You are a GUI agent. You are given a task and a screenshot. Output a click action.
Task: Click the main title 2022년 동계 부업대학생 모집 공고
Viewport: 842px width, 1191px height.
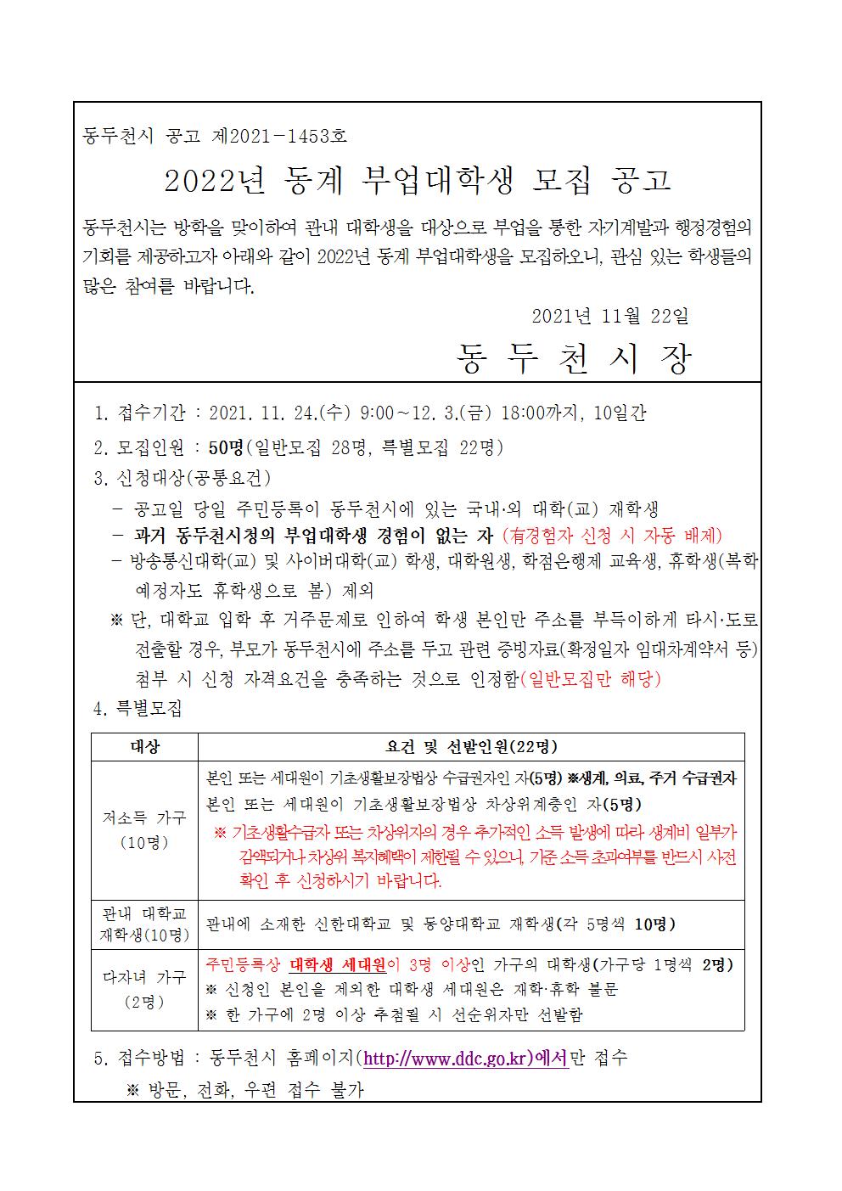tap(417, 180)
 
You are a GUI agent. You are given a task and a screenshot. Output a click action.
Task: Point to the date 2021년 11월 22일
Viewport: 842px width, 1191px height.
tap(609, 317)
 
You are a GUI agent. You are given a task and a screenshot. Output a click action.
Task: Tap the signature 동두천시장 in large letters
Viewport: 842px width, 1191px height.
tap(574, 360)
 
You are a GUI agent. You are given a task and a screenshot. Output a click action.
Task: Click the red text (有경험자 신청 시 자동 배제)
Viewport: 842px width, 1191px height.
tap(612, 535)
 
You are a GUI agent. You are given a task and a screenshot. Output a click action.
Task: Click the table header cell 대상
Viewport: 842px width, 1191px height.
tap(144, 747)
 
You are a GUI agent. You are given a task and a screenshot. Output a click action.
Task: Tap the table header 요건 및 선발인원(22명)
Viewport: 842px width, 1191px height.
tap(470, 747)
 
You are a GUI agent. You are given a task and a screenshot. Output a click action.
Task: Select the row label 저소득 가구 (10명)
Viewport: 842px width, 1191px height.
tap(144, 830)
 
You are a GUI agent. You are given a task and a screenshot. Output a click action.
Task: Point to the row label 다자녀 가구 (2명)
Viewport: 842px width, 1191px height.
tap(144, 989)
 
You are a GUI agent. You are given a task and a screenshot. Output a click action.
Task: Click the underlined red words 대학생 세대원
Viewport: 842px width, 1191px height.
tap(338, 965)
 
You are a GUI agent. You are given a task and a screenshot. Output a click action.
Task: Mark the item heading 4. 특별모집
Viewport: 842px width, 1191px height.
tap(138, 708)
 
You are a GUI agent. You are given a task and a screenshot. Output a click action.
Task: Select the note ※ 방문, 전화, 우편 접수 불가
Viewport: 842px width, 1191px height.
tap(244, 1090)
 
